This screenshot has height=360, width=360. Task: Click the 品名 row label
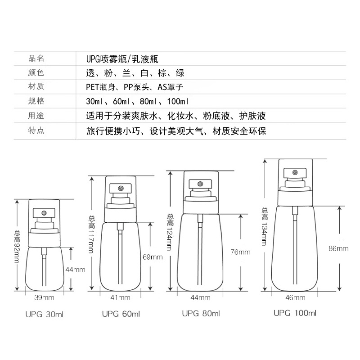tap(36, 58)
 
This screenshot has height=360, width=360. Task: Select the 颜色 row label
tap(36, 72)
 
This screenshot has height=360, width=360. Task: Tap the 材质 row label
tap(36, 86)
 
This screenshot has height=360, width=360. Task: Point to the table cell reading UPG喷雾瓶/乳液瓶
tap(122, 59)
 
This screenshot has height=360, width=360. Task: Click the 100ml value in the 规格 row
tap(178, 101)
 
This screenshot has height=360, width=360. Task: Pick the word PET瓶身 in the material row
tap(100, 87)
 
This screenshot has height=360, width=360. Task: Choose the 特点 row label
tap(36, 130)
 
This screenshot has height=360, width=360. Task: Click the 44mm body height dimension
tap(75, 270)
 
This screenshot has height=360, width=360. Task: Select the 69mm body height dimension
tap(153, 257)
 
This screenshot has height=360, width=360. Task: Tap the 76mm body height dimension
tap(240, 252)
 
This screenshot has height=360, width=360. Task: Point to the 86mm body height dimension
tap(338, 248)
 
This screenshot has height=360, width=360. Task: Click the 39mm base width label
tap(44, 298)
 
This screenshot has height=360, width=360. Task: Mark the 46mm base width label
tap(295, 298)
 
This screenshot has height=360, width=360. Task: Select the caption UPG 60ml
tap(121, 314)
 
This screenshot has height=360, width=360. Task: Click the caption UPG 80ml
tap(201, 313)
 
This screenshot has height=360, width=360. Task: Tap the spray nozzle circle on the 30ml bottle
tap(44, 213)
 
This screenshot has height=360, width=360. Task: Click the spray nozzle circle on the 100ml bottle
tap(295, 172)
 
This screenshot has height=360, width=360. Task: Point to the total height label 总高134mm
tap(265, 227)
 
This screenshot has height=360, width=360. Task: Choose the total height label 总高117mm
tap(92, 234)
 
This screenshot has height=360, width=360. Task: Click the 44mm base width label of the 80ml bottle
tap(200, 298)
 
